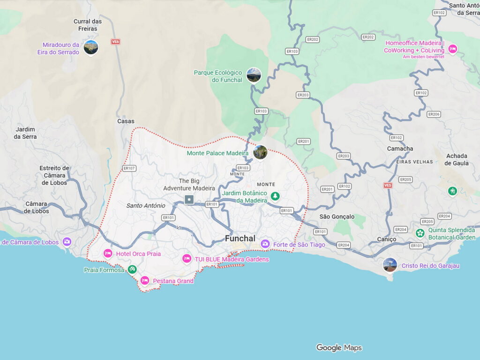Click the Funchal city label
(240, 238)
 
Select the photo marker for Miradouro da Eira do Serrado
(91, 47)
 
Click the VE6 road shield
(115, 42)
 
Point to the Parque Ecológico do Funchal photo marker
(254, 75)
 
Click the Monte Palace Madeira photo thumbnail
(260, 152)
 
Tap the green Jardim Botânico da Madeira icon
(275, 196)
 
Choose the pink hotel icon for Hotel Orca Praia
(108, 254)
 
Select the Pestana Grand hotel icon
(145, 280)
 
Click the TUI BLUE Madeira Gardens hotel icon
(187, 259)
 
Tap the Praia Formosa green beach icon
(132, 269)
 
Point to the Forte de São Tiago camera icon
(265, 244)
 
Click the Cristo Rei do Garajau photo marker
(390, 265)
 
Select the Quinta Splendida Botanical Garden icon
(420, 232)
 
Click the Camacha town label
(400, 149)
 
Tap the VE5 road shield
(388, 185)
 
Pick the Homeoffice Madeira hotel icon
(452, 49)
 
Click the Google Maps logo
(338, 347)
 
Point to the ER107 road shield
(129, 168)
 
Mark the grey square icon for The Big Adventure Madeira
(189, 200)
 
